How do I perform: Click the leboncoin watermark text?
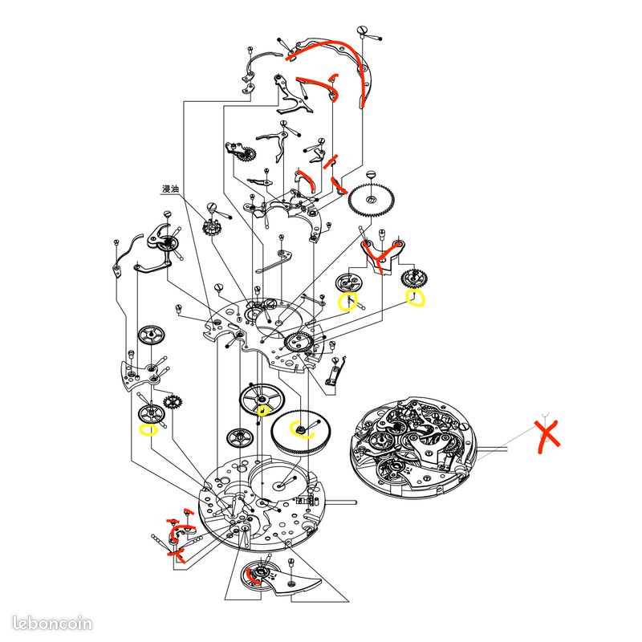pyautogui.click(x=52, y=624)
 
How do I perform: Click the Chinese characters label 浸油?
pyautogui.click(x=171, y=189)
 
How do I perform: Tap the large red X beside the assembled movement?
pyautogui.click(x=548, y=437)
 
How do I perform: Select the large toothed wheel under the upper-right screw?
pyautogui.click(x=372, y=200)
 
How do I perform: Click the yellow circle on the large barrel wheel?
pyautogui.click(x=301, y=429)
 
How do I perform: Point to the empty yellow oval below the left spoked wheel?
pyautogui.click(x=148, y=430)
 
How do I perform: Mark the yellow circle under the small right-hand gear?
pyautogui.click(x=415, y=298)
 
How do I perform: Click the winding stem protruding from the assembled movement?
pyautogui.click(x=493, y=449)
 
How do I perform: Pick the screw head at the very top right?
pyautogui.click(x=362, y=30)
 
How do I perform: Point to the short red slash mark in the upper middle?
pyautogui.click(x=330, y=162)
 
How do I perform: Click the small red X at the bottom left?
pyautogui.click(x=177, y=555)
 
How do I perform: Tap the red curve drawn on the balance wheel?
pyautogui.click(x=251, y=576)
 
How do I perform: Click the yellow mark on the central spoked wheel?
pyautogui.click(x=262, y=410)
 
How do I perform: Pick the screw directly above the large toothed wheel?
pyautogui.click(x=372, y=175)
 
